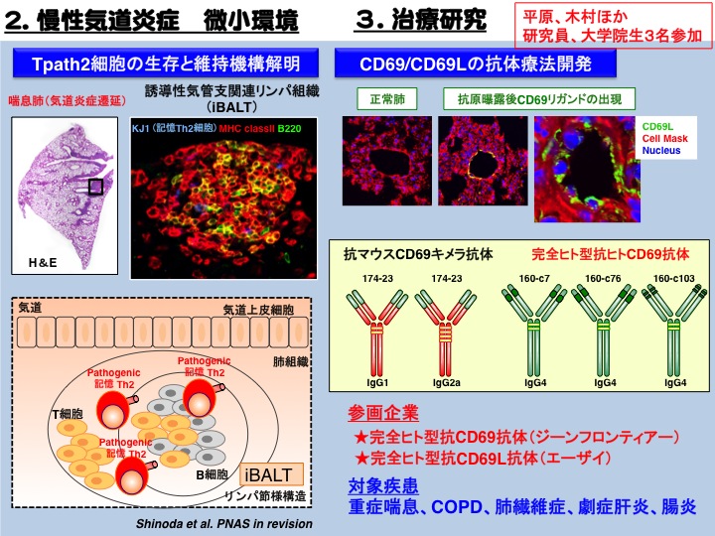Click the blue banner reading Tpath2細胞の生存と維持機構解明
[x=166, y=63]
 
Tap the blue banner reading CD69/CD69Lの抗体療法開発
[x=475, y=63]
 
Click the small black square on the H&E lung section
[x=95, y=187]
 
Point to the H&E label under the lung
[x=43, y=262]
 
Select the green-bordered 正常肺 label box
[x=387, y=99]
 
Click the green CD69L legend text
[x=657, y=127]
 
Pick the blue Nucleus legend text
[x=661, y=151]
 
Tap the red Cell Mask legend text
[x=664, y=139]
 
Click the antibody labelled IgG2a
[x=446, y=332]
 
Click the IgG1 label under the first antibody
[x=377, y=383]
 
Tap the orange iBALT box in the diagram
[x=272, y=474]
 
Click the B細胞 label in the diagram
[x=213, y=474]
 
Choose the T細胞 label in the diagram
[x=68, y=414]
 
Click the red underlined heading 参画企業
[x=383, y=413]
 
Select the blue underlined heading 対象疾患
[x=383, y=485]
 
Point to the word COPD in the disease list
[x=457, y=507]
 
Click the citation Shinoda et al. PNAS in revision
[x=224, y=524]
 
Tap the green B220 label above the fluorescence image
[x=290, y=128]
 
